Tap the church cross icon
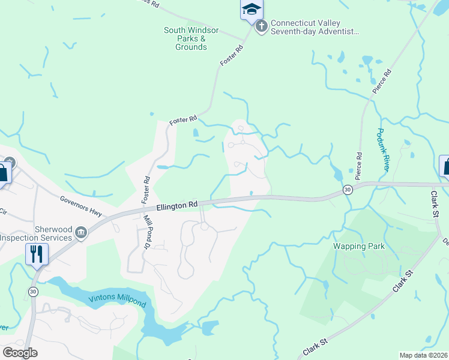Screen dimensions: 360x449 click(x=261, y=26)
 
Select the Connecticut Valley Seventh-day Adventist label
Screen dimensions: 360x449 click(x=315, y=28)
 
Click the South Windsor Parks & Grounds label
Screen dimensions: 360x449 click(x=191, y=38)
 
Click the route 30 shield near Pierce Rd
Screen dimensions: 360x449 click(x=347, y=189)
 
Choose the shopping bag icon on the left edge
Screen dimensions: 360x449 click(x=2, y=173)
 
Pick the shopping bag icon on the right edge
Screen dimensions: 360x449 click(x=446, y=166)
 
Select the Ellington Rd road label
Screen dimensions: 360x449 click(x=177, y=205)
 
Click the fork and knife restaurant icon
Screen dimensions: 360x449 click(x=37, y=254)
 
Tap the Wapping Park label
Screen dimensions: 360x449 click(x=358, y=246)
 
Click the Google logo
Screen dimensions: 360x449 click(x=19, y=352)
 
